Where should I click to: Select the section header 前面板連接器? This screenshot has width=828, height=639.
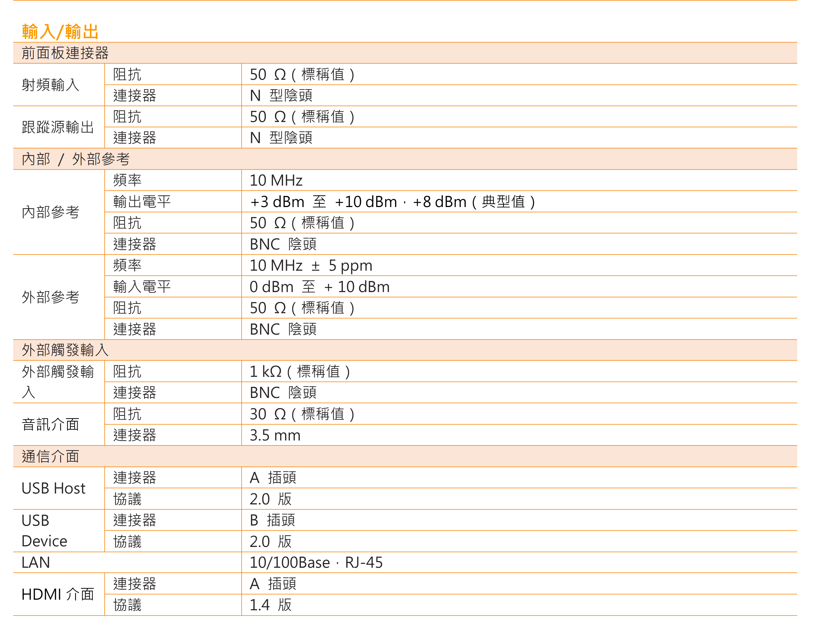pos(65,53)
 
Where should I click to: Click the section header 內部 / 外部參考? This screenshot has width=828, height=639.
pos(75,159)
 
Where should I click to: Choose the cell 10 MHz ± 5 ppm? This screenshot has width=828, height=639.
pos(311,265)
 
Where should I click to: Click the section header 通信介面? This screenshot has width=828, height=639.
pos(50,457)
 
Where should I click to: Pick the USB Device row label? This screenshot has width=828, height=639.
pos(44,531)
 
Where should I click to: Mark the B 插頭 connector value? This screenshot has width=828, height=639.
pos(272,520)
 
